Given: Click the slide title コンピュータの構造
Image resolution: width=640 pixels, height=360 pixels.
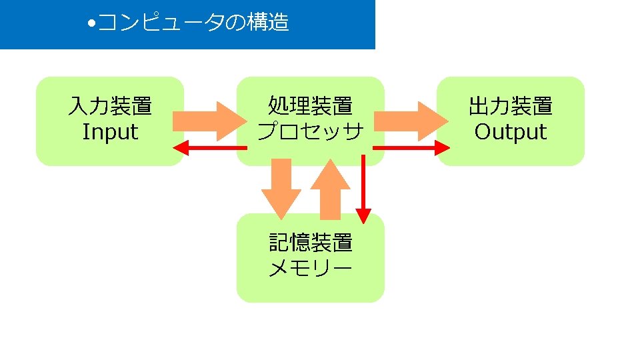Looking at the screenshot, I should coord(193,23).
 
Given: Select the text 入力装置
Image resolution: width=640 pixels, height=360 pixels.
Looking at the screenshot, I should coord(110,106).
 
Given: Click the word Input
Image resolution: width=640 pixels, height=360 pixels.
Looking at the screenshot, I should coord(110,131).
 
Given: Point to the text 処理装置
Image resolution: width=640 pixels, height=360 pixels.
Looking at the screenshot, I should coord(310,106).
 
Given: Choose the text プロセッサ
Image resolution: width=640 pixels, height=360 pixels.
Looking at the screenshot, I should coord(310,131).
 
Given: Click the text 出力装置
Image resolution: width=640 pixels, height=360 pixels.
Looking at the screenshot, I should coord(511,106).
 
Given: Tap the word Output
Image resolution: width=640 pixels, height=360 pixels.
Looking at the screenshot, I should coord(511,131).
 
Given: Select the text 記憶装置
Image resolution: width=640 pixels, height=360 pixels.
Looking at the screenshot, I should coord(310,242).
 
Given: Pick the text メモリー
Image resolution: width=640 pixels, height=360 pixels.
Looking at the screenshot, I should coord(310,268).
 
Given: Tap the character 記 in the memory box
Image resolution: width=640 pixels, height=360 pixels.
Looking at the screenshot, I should coord(279,242).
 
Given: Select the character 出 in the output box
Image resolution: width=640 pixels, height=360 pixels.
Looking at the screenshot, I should coord(479,106).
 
